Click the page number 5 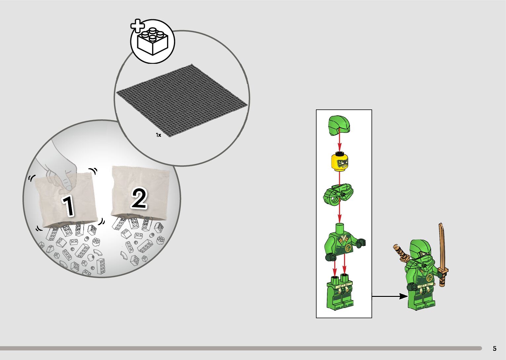coord(494,348)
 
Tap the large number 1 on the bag coord(69,206)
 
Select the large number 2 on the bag coord(139,198)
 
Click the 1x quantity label coord(158,135)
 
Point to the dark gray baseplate coord(182,100)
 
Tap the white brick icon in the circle coord(153,41)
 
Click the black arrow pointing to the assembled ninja coord(390,296)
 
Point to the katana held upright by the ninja coord(443,255)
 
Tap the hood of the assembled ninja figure coord(420,249)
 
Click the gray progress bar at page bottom coord(241,348)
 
